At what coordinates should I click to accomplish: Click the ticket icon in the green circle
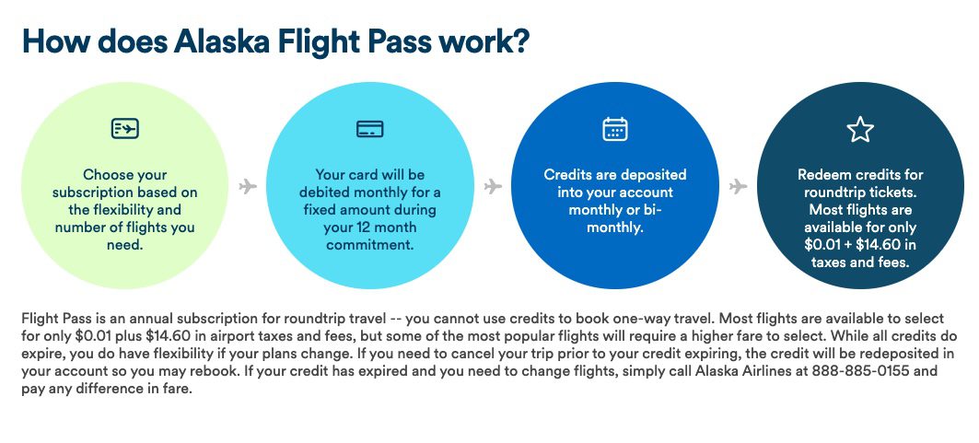[x=124, y=129]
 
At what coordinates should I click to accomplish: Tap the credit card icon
[x=369, y=129]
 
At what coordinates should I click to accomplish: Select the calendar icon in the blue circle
[x=614, y=129]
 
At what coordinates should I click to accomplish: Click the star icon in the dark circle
[x=859, y=130]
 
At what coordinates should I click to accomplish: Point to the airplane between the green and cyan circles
[x=247, y=187]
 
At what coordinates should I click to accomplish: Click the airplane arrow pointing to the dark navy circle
[x=738, y=187]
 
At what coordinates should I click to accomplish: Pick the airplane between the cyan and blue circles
[x=493, y=187]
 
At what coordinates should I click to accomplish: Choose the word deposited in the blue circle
[x=653, y=175]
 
